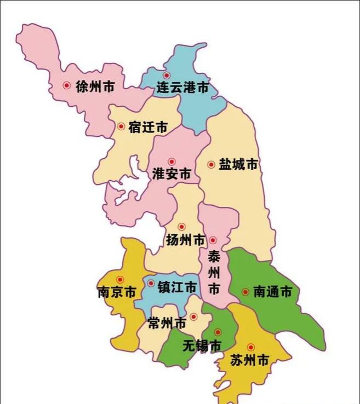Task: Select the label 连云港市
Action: [182, 88]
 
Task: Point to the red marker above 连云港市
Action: [167, 76]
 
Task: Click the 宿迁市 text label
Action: [148, 128]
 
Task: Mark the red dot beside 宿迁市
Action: [121, 126]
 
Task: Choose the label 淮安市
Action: [172, 175]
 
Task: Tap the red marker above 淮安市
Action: [172, 161]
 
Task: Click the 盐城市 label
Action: [238, 164]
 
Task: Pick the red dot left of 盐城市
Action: [211, 164]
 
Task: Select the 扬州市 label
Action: [185, 240]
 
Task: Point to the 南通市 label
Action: [272, 292]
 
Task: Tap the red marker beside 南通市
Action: [245, 292]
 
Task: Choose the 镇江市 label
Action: [176, 287]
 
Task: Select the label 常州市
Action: [167, 324]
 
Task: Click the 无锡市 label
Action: [201, 346]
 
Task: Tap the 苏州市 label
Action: [249, 361]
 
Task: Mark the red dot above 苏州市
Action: [251, 347]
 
